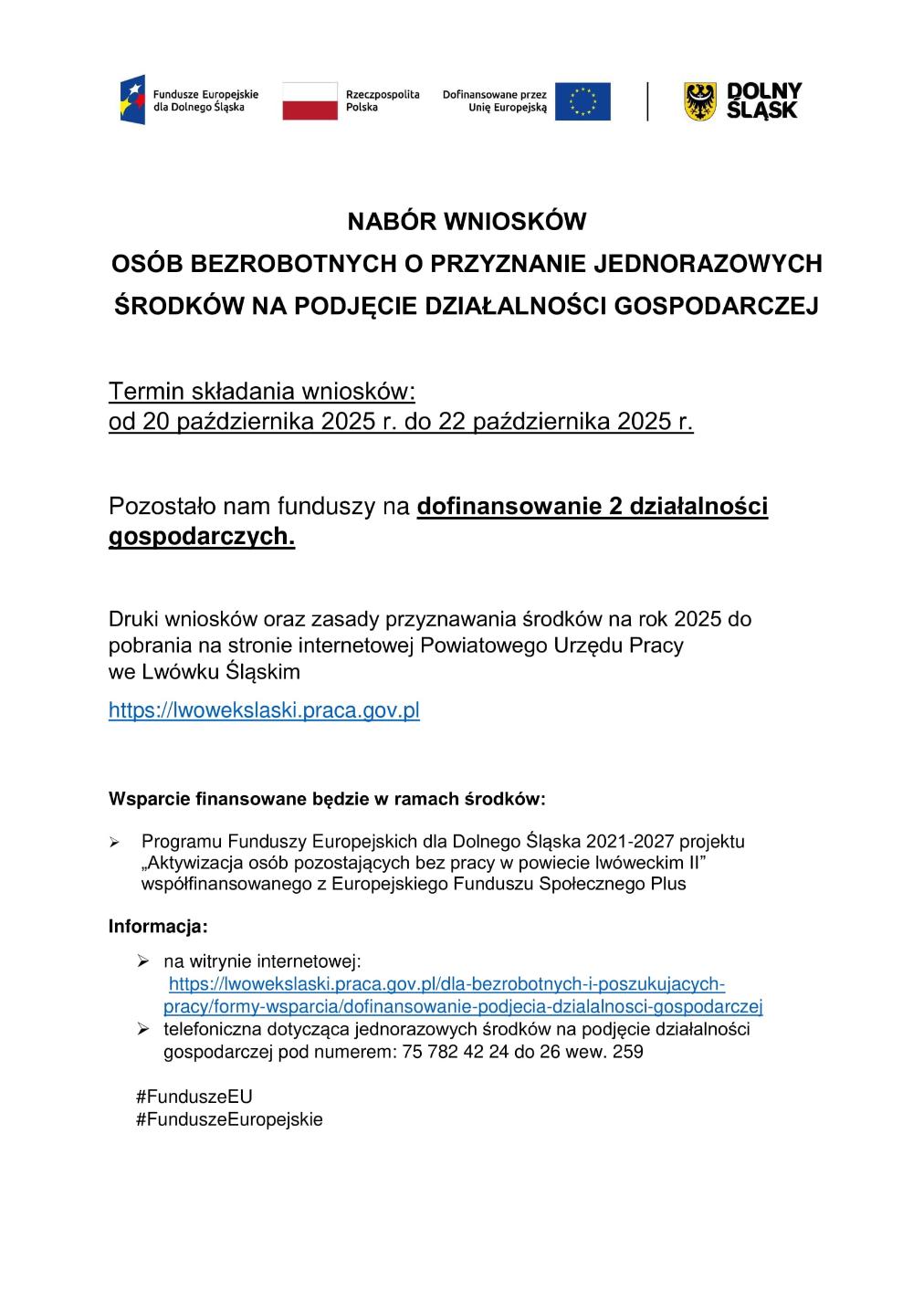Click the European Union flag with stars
(x=582, y=101)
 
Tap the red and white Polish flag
(x=310, y=100)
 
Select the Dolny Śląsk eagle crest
(x=700, y=101)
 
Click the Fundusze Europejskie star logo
(x=133, y=100)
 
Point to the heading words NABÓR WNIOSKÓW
(x=467, y=222)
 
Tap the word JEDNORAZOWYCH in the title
(x=708, y=264)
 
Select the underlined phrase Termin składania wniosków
(x=262, y=392)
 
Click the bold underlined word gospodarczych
(x=202, y=537)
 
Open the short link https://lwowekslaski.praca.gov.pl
(x=264, y=710)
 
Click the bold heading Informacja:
(x=158, y=927)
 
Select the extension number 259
(x=627, y=1052)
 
